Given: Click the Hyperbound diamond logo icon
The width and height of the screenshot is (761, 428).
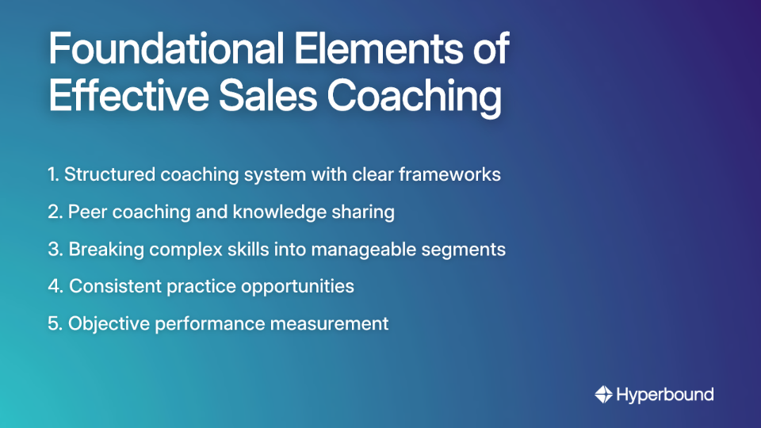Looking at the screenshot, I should [x=603, y=394].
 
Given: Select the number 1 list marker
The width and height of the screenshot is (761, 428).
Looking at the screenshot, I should [x=52, y=174].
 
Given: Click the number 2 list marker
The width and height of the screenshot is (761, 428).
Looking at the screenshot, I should [x=54, y=212].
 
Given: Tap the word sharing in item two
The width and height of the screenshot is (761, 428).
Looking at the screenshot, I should [x=367, y=212].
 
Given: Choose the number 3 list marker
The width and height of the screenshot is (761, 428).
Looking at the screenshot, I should [x=54, y=249].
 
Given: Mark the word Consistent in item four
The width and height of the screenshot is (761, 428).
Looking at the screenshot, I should [x=115, y=286].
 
